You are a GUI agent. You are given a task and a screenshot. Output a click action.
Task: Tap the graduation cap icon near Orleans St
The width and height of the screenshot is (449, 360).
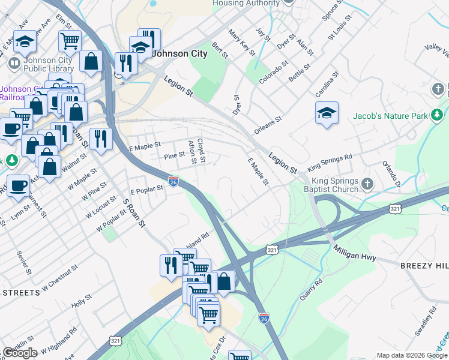(327, 114)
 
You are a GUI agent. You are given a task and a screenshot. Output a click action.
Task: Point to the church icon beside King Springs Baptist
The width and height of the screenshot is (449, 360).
(367, 182)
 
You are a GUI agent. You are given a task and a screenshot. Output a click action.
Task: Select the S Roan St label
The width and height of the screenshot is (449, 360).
(133, 213)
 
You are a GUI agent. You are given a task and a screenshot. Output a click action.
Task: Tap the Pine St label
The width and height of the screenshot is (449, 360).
(174, 155)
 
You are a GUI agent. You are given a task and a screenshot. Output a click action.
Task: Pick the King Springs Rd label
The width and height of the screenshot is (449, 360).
(330, 163)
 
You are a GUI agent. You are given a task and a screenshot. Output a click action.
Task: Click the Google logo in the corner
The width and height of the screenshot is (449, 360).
(20, 353)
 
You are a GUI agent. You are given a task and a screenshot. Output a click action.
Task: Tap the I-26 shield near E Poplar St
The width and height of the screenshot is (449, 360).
(173, 181)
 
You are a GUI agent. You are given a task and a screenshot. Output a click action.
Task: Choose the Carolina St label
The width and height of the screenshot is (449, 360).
(327, 84)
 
